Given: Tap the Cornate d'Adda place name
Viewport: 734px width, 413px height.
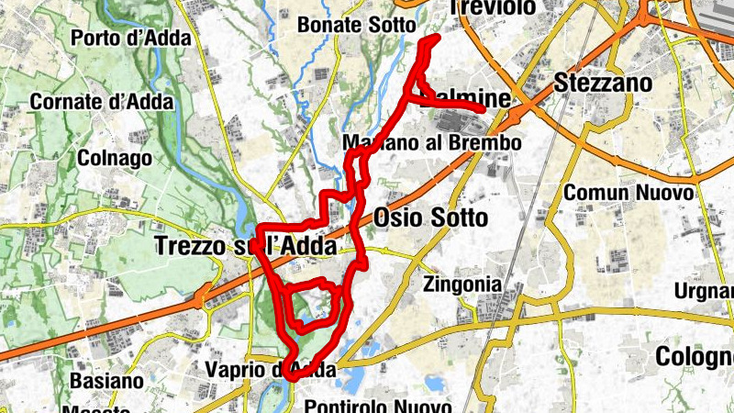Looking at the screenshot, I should [102, 102].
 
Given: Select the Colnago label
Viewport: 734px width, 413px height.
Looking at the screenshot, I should [114, 158].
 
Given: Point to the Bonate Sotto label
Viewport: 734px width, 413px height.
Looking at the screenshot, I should [357, 25].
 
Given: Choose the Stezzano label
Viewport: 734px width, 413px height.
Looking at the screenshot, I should [603, 84].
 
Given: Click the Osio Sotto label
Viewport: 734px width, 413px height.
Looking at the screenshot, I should [430, 218].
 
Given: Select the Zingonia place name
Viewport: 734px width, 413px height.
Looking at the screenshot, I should [462, 285].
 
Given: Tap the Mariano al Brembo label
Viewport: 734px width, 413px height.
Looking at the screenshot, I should [430, 143].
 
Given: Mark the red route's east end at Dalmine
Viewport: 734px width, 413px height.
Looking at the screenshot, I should [483, 108].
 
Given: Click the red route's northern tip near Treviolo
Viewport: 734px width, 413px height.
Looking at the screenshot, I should [435, 38].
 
